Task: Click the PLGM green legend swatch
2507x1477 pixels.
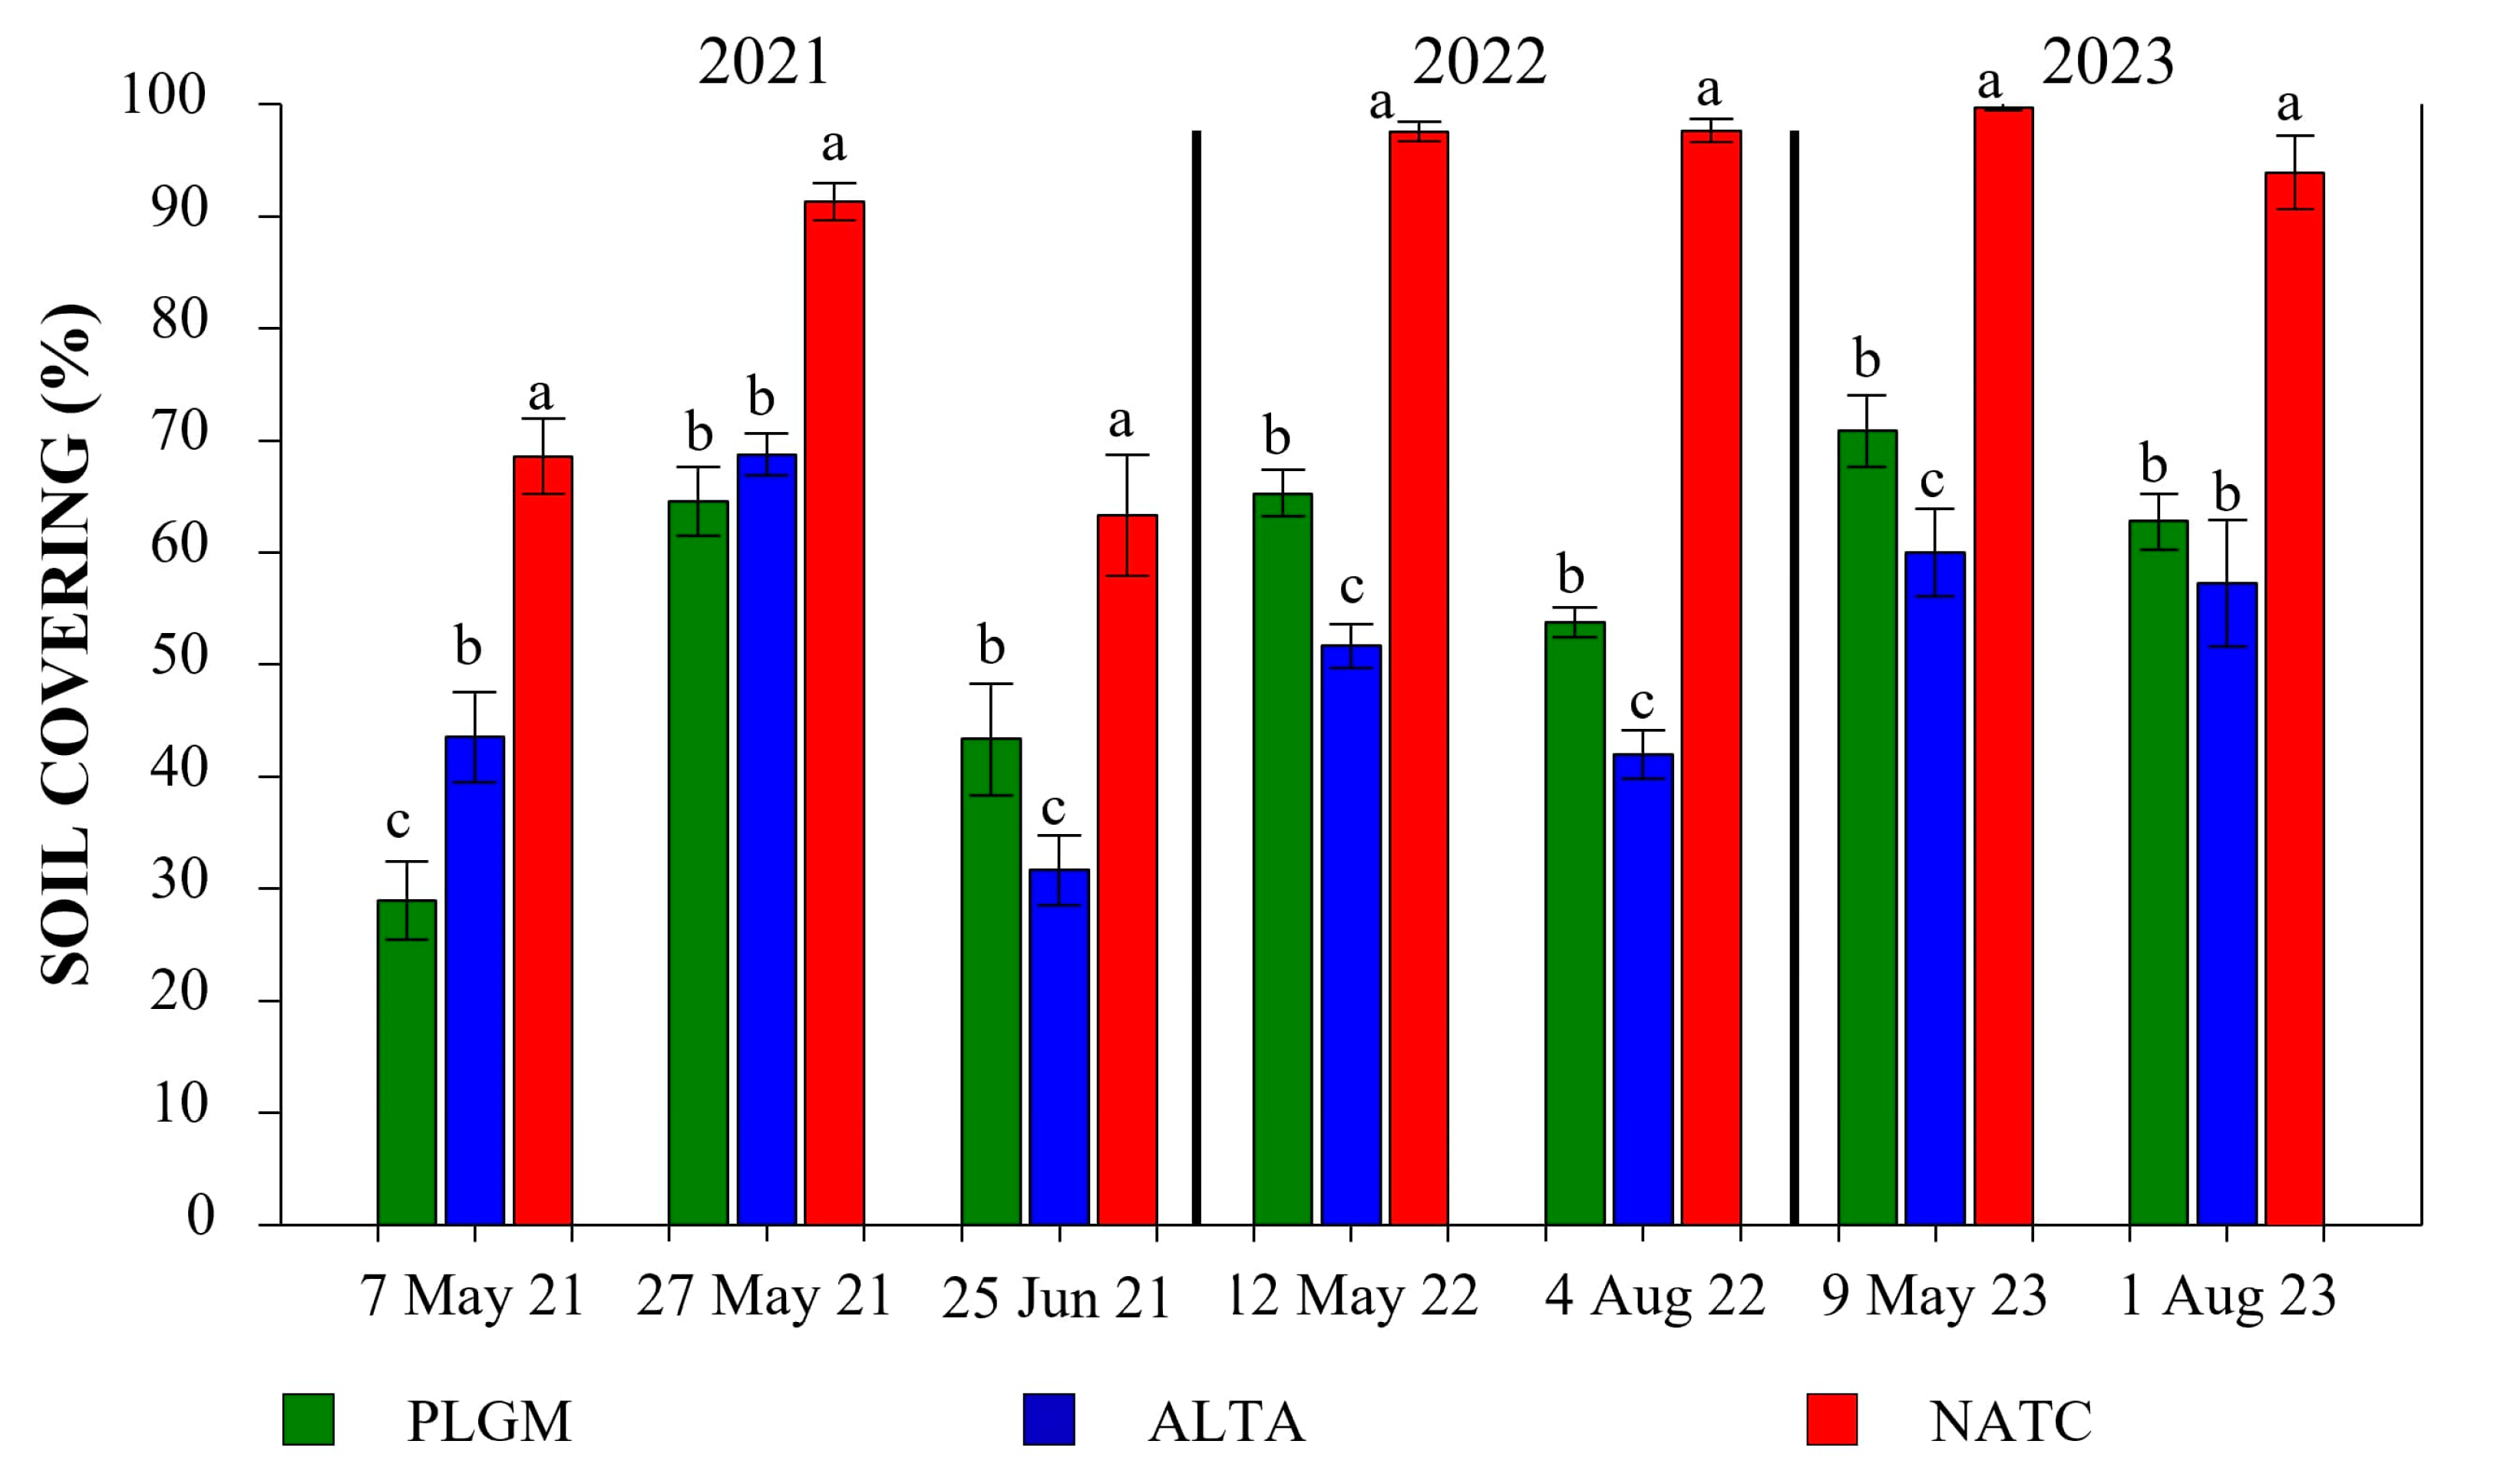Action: tap(309, 1419)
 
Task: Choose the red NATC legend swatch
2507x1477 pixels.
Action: tap(1832, 1419)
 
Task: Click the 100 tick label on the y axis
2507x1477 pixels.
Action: tap(163, 97)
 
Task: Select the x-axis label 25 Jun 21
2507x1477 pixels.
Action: tap(1055, 1300)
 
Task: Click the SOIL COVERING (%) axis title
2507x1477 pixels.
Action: tap(68, 645)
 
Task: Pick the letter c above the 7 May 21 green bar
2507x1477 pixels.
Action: tap(398, 822)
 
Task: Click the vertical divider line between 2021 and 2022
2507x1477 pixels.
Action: tap(1197, 677)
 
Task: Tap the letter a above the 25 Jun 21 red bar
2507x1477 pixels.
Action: tap(1120, 422)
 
